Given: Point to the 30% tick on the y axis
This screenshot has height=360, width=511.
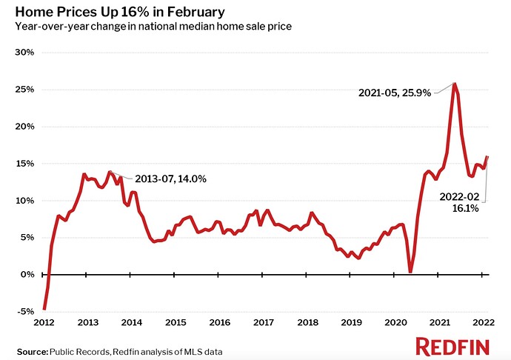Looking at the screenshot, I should [x=24, y=53].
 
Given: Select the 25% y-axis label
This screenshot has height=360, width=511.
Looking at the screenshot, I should [x=24, y=90].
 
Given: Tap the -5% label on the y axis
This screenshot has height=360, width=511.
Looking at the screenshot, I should [x=24, y=312].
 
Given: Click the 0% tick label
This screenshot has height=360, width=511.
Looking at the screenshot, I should [x=27, y=275].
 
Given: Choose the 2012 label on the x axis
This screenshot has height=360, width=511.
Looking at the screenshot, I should [x=44, y=323].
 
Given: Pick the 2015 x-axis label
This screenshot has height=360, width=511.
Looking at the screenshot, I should [x=176, y=323].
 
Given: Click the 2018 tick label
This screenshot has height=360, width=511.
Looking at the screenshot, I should [x=307, y=323].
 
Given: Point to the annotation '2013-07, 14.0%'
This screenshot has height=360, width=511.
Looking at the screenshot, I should [x=170, y=179].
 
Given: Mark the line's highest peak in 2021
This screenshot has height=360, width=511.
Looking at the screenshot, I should [x=454, y=84].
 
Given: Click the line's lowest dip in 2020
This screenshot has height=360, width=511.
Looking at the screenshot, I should [x=410, y=272].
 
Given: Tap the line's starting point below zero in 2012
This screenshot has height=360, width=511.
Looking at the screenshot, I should [x=44, y=309].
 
